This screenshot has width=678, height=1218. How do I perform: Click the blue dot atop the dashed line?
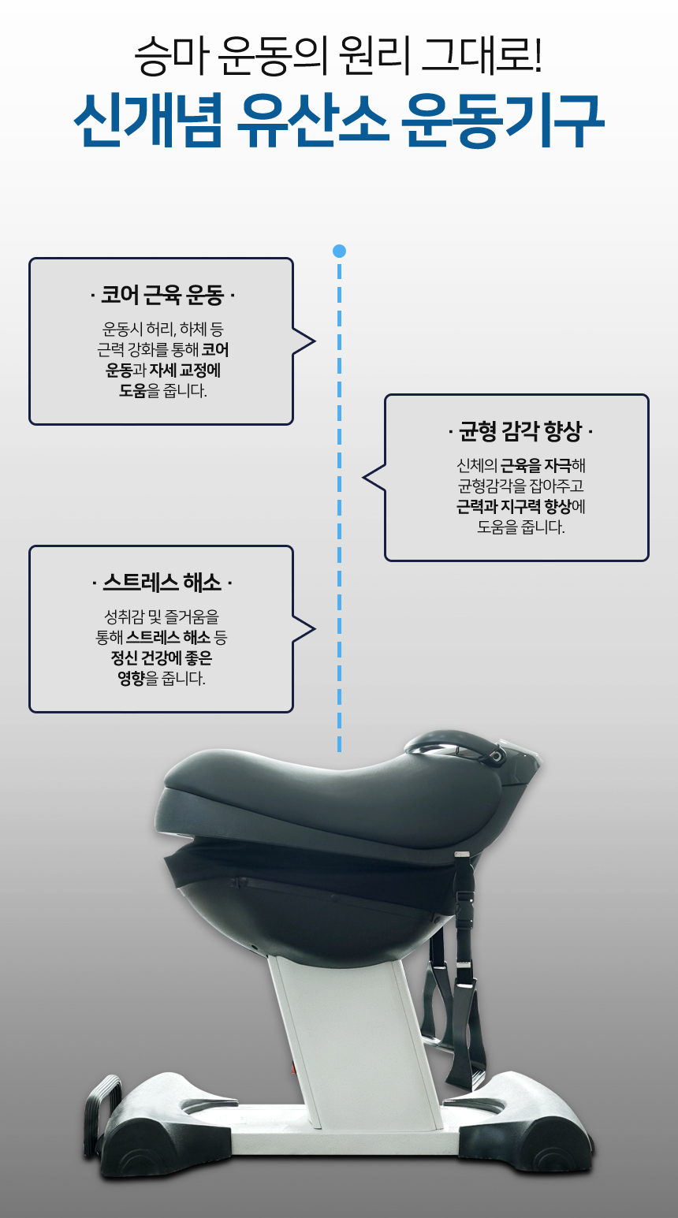click(x=339, y=251)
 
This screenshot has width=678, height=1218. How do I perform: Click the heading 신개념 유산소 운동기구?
click(x=339, y=122)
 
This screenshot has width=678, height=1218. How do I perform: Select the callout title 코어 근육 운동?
click(x=162, y=296)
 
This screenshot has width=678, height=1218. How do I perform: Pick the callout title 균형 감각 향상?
click(x=520, y=432)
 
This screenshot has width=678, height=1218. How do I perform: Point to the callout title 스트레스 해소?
click(x=162, y=583)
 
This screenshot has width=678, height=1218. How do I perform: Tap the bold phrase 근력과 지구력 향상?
click(x=513, y=507)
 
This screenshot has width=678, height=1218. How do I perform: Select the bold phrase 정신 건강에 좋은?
click(x=162, y=657)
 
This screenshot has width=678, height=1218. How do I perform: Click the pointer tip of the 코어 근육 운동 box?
click(x=314, y=341)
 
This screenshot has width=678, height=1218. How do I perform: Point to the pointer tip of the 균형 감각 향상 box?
click(x=364, y=478)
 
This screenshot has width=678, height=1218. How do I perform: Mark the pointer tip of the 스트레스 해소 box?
click(x=314, y=629)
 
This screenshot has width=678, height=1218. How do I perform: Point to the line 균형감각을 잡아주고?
click(x=520, y=486)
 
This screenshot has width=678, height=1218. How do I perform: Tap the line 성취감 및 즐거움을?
click(x=162, y=616)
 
